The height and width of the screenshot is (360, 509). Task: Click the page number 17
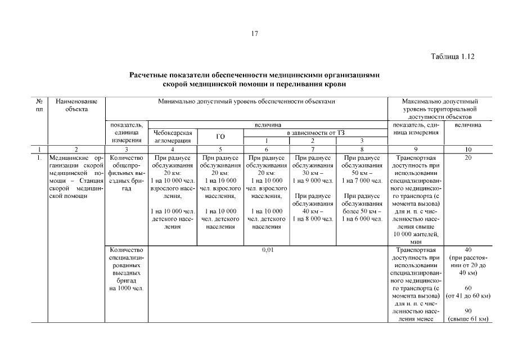[254, 34]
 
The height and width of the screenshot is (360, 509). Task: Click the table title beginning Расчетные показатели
[255, 79]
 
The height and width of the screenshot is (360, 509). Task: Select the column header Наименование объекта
[76, 105]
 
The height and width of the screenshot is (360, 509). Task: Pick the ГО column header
[220, 137]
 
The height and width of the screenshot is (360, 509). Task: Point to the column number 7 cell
[313, 149]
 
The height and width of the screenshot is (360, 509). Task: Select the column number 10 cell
[468, 149]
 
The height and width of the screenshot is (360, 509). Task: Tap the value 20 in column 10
[468, 158]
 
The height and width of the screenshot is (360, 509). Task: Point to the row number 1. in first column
[40, 158]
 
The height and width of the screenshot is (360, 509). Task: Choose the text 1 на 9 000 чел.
[313, 181]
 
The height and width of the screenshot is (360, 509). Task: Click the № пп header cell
[40, 105]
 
